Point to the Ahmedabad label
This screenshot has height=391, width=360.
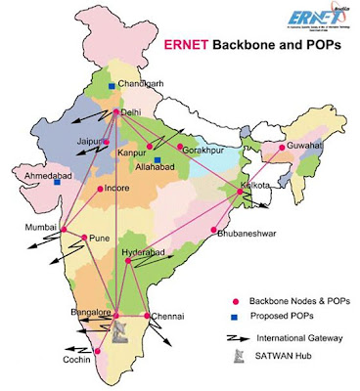coord(36,168)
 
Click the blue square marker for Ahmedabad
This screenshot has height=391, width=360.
coord(58,182)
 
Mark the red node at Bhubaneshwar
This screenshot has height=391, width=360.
coord(213,231)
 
